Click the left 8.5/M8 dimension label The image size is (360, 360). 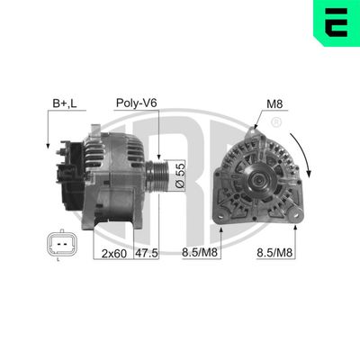199,255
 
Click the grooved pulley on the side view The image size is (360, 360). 159,173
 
